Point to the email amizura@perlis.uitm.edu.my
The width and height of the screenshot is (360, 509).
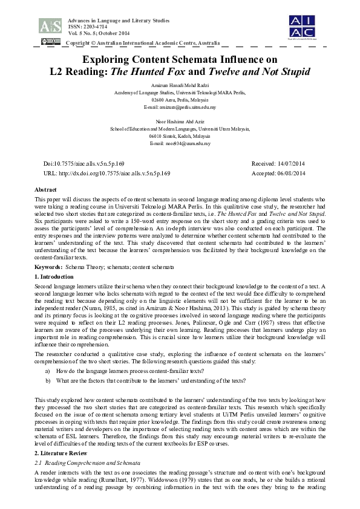(180, 107)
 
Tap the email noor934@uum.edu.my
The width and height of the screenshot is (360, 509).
(180, 143)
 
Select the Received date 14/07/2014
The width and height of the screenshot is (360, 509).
(278, 164)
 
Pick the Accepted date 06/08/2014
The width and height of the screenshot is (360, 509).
(278, 173)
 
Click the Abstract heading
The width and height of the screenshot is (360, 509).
(46, 190)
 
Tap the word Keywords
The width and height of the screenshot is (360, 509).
(48, 267)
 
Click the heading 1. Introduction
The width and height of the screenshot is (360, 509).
(54, 276)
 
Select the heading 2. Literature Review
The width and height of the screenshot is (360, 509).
(61, 453)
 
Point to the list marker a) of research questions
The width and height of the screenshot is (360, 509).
(47, 369)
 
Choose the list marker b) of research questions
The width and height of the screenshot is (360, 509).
(47, 380)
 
